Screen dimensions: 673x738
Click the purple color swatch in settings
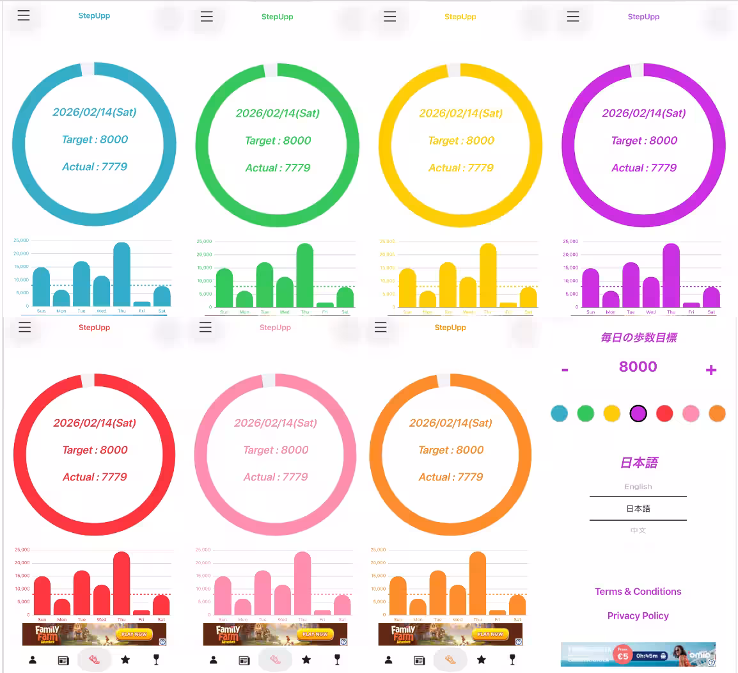(638, 413)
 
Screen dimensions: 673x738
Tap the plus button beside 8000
(711, 370)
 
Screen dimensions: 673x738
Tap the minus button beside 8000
(565, 370)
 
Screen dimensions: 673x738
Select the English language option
(638, 487)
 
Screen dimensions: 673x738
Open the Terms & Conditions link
(638, 592)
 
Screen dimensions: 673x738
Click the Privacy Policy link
(638, 615)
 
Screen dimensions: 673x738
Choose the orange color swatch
(717, 413)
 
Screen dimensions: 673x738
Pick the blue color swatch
(560, 413)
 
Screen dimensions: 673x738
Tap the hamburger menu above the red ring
(24, 328)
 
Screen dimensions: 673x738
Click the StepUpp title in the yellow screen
(460, 17)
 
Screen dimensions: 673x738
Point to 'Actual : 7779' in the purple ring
(644, 168)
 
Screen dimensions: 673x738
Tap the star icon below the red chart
(125, 659)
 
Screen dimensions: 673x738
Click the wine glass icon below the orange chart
(512, 660)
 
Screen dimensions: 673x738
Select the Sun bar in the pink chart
(223, 595)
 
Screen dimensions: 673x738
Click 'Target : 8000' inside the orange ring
(451, 450)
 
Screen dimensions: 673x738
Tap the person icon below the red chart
(33, 660)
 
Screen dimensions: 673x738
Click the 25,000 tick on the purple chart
(570, 241)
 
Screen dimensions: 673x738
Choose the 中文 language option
(638, 530)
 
